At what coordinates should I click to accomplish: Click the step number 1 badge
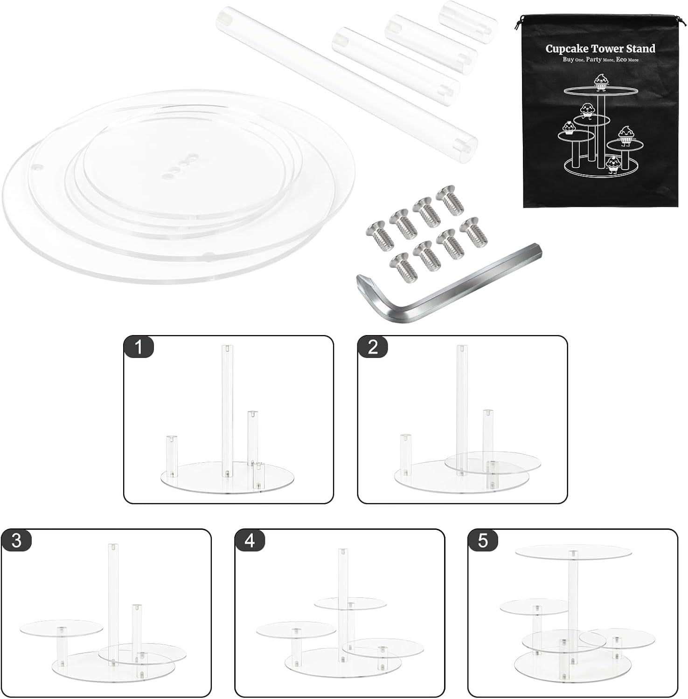coord(139,347)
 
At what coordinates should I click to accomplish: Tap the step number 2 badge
coord(373,347)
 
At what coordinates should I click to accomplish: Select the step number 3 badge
coord(16,541)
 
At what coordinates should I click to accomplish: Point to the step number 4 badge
coord(250,541)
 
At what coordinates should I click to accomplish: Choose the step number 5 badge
coord(483,541)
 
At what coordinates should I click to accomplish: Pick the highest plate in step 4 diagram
coord(350,603)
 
